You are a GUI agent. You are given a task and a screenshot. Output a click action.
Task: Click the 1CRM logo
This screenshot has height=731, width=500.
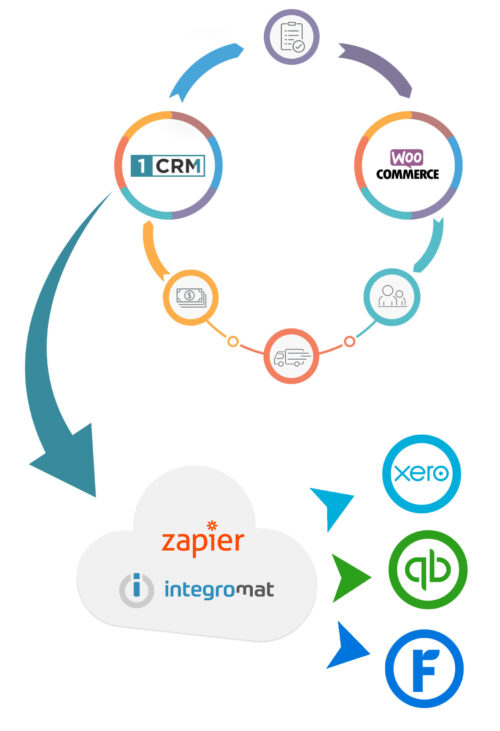pos(160,162)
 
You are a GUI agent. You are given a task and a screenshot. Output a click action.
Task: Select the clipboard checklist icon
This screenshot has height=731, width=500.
pos(292,37)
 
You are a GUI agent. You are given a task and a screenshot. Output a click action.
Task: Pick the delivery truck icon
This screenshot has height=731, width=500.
pos(291,357)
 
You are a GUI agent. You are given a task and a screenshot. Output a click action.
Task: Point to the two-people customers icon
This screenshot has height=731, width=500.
pos(391,295)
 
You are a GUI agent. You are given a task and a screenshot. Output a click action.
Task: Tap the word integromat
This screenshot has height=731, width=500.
pos(217,590)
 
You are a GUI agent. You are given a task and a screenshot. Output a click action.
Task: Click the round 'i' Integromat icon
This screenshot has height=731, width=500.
pos(136,590)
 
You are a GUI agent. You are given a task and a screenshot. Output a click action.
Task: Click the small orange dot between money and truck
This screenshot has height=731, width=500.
pos(233,342)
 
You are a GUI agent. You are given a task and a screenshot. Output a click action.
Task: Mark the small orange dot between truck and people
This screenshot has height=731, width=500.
pos(349,342)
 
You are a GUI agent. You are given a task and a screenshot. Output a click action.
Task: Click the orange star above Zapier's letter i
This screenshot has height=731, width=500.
pos(210,524)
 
